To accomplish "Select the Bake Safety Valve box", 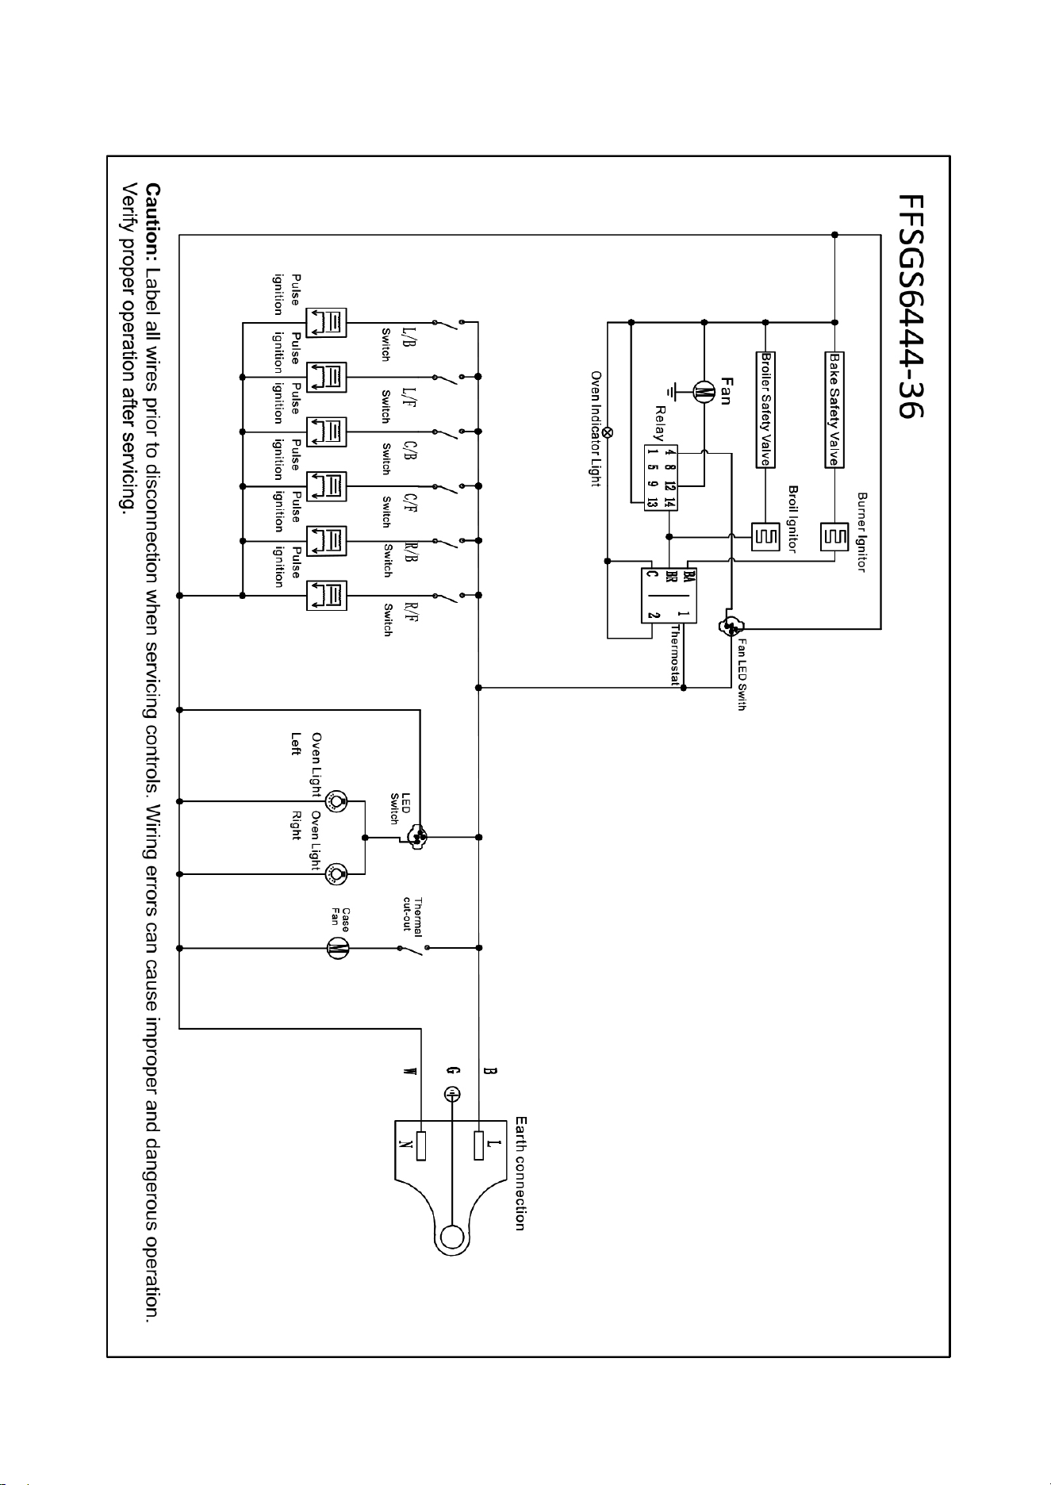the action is pos(834,410).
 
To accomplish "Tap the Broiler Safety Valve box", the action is pos(765,410).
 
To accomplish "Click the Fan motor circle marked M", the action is pos(704,391).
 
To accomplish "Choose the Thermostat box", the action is pos(669,596).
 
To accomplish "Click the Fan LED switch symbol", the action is pos(729,627).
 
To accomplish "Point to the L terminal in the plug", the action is pos(478,1145).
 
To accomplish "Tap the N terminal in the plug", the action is pos(421,1145).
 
